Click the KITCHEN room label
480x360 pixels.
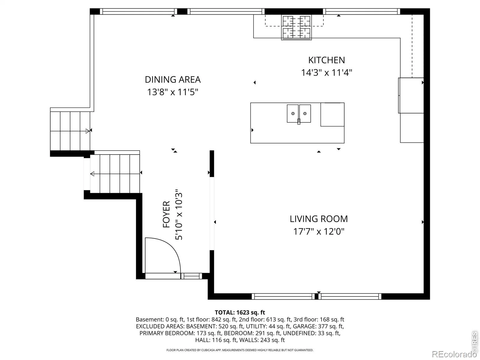point(326,60)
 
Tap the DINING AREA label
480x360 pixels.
point(172,79)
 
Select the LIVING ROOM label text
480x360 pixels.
point(319,219)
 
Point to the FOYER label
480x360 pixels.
point(166,214)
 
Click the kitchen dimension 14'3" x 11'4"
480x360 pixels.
point(326,73)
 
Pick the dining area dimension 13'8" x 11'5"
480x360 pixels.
point(172,92)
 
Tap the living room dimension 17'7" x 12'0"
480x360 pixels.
point(319,231)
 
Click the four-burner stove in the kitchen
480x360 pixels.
point(296,28)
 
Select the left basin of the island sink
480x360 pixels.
point(292,113)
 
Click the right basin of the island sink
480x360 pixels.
point(305,113)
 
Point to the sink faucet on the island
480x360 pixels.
point(299,121)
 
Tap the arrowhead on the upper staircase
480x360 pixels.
point(88,131)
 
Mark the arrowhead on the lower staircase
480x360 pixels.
point(92,174)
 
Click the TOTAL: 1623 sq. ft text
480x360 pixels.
point(240,312)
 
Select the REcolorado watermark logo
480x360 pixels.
point(454,354)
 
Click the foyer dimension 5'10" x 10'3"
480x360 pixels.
point(179,214)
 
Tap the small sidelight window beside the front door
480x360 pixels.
point(192,276)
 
